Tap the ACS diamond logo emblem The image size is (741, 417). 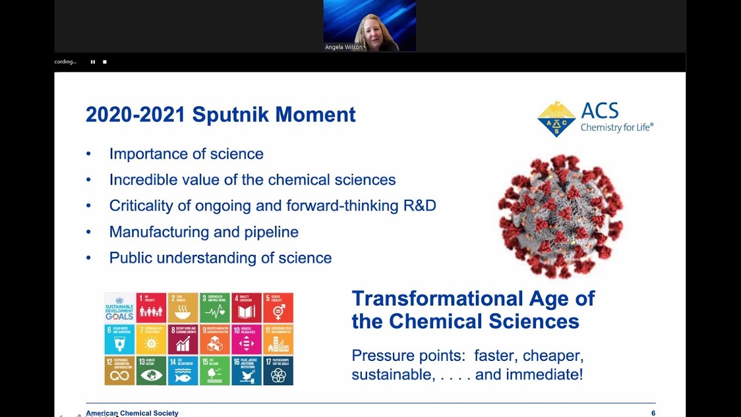pos(556,119)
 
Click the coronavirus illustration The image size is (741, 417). pos(560,216)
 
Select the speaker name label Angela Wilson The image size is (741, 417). pos(343,47)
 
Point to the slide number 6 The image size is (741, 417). pos(653,413)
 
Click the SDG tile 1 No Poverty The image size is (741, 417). pos(151,308)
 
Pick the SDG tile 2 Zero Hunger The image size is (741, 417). pos(183,308)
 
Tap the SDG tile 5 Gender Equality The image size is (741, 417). pos(278,308)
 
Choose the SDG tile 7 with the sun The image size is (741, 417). pos(151,339)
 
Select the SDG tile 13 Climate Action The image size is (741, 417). pos(151,371)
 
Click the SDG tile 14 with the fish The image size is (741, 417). pos(183,371)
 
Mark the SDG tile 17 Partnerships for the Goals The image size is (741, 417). pos(278,371)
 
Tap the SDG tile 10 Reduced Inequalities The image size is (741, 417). pos(247,339)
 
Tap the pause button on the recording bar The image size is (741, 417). pos(93,61)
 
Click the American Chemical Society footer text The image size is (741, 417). pos(132,413)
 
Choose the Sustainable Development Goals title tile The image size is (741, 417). pos(119,308)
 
